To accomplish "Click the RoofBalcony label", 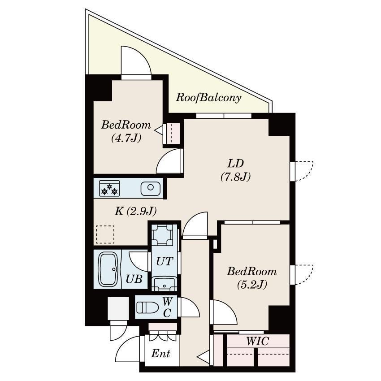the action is (208, 98).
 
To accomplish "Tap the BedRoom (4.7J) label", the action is (126, 131).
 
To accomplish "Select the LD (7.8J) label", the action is (235, 170).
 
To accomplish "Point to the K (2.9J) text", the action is (135, 211).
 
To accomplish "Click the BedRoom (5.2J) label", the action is (252, 278).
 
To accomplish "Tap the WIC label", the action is (258, 341).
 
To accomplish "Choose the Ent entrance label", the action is (160, 354).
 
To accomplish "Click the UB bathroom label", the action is (134, 279).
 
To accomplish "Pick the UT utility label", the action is (165, 261).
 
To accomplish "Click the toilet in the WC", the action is (147, 307).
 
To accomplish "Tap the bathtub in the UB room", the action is (108, 270).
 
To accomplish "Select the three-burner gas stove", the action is (109, 188).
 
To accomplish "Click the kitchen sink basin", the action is (151, 188).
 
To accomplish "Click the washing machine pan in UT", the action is (162, 235).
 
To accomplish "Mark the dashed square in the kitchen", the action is (105, 234).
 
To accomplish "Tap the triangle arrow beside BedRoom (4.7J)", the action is (159, 130).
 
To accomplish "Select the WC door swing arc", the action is (190, 307).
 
